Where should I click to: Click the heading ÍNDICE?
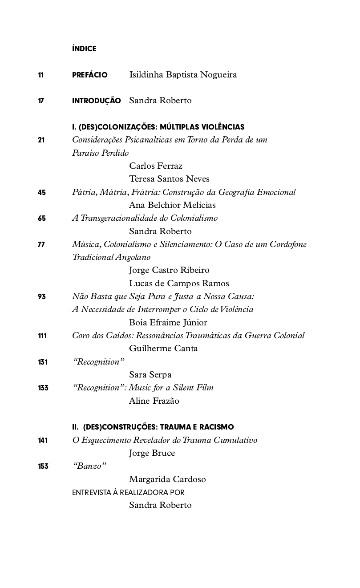84,49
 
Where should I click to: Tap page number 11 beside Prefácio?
41,75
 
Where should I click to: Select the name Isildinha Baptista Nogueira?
183,75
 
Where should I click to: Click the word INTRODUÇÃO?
96,101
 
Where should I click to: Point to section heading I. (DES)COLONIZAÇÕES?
158,127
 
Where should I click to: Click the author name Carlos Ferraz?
156,166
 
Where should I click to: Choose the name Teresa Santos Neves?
169,179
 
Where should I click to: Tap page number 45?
42,193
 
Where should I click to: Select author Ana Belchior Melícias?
172,205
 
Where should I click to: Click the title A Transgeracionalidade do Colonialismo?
145,218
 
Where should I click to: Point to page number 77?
41,244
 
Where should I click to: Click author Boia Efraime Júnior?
168,323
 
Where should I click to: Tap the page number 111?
42,336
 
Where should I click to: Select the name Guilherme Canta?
163,349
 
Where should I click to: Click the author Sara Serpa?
150,375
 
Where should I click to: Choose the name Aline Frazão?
154,401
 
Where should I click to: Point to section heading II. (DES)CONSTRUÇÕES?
153,427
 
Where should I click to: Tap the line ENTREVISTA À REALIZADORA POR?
128,493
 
